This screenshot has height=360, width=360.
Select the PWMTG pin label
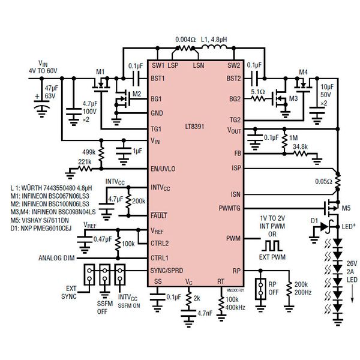pyautogui.click(x=229, y=208)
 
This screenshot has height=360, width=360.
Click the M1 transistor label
pyautogui.click(x=101, y=71)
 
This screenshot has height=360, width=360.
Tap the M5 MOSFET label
pyautogui.click(x=346, y=208)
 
